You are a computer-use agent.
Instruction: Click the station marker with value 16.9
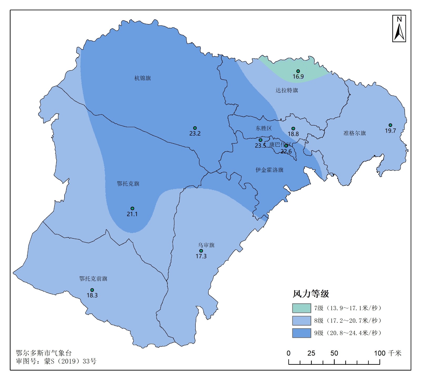coord(298,71)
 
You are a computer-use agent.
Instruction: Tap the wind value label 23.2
coord(195,133)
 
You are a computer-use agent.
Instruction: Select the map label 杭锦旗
coord(143,78)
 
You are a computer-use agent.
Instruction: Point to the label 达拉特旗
coord(287,90)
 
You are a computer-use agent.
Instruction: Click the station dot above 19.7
coord(390,125)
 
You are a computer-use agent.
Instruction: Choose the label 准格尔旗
coord(355,133)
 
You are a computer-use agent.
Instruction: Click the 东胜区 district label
coord(264,128)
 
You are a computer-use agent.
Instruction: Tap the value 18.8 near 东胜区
coord(293,134)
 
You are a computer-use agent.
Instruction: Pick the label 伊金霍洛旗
coord(269,170)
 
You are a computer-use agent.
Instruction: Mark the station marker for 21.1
coord(132,209)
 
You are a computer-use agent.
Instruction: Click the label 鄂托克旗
coord(128,184)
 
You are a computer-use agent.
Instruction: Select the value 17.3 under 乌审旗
coord(201,256)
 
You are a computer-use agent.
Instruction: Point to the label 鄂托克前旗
coord(93,279)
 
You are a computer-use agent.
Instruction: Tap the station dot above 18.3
coord(92,290)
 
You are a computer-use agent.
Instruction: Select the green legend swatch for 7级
coord(302,308)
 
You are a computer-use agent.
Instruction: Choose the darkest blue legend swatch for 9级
coord(302,333)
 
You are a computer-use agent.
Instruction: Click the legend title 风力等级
coord(311,294)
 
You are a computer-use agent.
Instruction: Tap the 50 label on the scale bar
coord(334,353)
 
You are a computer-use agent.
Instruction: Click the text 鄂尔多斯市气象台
coord(44,353)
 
